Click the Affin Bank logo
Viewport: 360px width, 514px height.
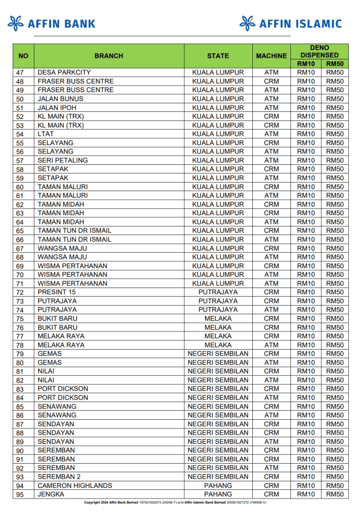pos(52,23)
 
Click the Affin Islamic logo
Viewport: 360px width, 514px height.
pos(290,23)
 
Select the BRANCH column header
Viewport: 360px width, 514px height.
pos(109,56)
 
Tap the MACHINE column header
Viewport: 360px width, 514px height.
pos(271,56)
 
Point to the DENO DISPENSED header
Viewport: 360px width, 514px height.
pos(319,51)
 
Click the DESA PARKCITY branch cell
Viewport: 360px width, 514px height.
pos(64,72)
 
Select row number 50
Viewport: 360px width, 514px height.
pos(20,99)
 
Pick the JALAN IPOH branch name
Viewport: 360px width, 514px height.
pos(57,108)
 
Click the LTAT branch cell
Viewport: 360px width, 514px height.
pos(46,134)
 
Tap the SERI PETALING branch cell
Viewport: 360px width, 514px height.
pos(63,160)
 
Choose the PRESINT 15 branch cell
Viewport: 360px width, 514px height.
pos(57,292)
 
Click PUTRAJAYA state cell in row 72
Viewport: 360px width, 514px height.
pos(218,292)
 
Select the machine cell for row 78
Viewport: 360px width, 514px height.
pos(271,345)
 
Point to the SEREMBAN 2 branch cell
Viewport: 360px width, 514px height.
pos(59,477)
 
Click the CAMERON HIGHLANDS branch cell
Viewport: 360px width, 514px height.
pos(75,486)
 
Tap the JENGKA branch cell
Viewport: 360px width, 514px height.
pos(51,494)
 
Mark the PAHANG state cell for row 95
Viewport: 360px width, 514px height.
pos(218,494)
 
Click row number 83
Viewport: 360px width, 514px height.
pos(20,389)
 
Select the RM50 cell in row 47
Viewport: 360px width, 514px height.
pos(335,72)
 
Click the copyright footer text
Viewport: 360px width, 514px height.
pos(175,503)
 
